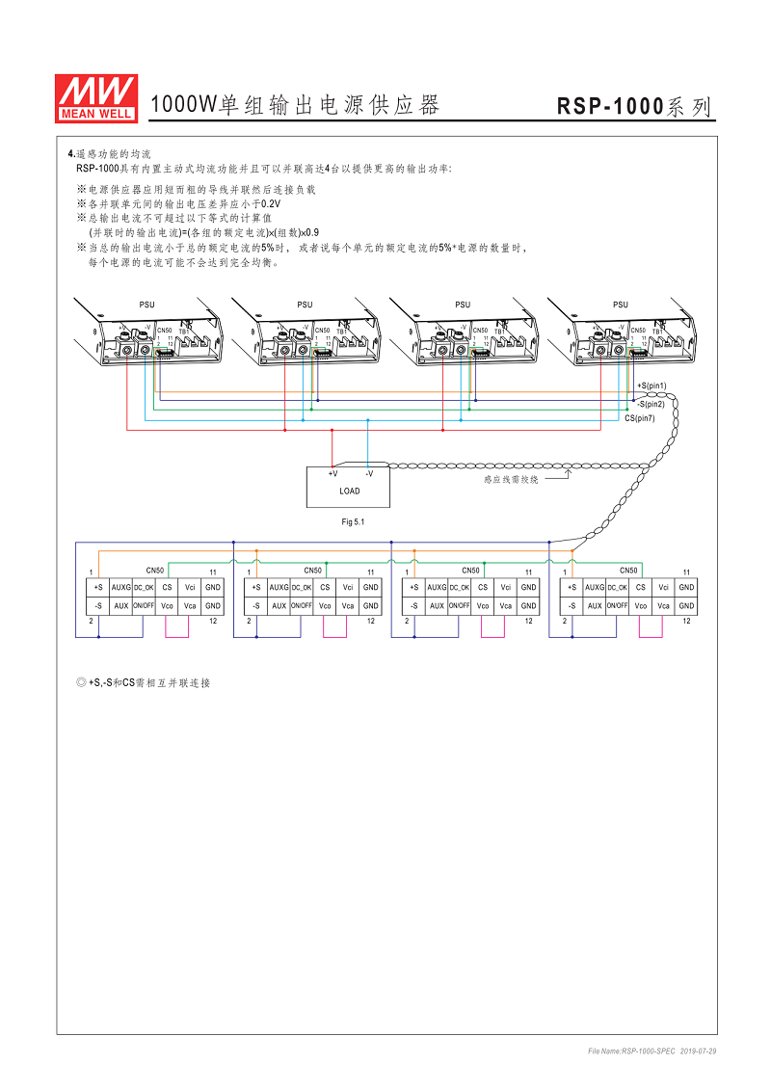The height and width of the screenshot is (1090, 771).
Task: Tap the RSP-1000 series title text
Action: click(635, 107)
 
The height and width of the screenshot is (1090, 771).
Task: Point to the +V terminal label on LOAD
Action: click(332, 473)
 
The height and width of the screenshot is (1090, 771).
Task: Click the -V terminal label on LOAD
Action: click(368, 473)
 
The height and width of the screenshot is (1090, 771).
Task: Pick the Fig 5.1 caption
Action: click(354, 521)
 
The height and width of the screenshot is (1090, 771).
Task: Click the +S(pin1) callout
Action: click(651, 385)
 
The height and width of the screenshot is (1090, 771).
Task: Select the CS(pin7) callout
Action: click(640, 418)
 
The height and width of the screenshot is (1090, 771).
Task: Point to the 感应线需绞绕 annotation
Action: click(511, 478)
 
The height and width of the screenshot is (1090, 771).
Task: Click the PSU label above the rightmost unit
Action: click(620, 305)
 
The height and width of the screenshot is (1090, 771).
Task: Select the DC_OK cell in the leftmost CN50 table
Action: click(144, 587)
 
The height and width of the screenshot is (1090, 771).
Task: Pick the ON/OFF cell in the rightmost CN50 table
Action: click(617, 605)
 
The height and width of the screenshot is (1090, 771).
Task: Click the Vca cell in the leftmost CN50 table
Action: click(190, 605)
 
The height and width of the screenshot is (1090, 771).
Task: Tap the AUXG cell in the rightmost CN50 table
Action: click(595, 587)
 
